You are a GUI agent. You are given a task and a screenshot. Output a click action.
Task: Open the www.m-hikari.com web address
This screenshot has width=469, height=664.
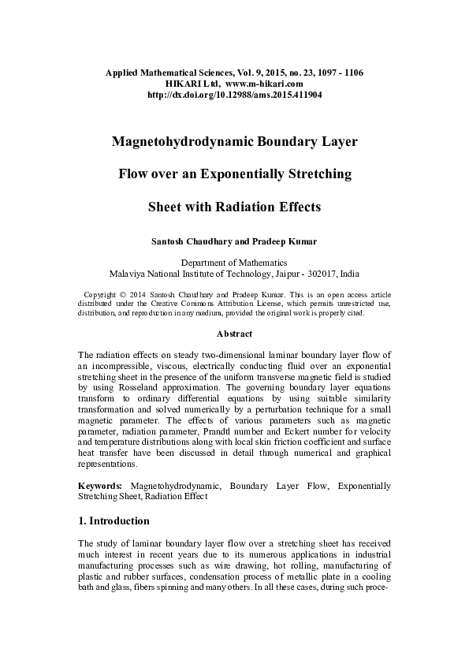(264, 83)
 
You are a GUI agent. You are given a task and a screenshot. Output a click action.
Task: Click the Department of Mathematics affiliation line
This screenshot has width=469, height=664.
(234, 263)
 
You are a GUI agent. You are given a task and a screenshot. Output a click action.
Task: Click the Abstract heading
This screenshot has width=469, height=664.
(234, 334)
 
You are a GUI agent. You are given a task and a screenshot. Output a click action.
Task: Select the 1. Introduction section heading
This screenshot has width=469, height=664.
(114, 521)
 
